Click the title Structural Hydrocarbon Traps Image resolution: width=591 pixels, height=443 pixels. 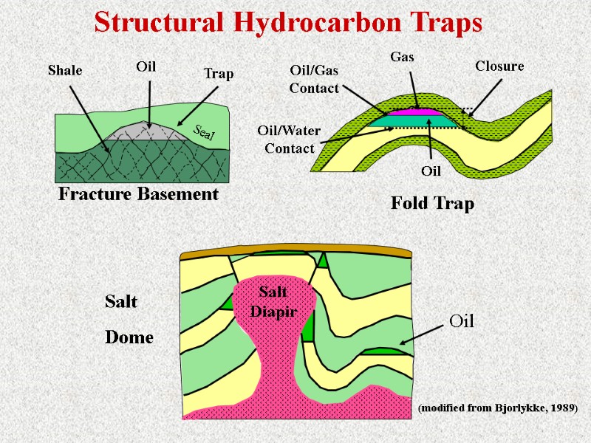point(288,23)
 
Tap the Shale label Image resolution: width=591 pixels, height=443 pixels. point(64,70)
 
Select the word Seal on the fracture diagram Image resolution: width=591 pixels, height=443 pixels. point(203,133)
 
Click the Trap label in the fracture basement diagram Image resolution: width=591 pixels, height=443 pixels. point(218,73)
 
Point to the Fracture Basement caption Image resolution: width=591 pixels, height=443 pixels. point(138,194)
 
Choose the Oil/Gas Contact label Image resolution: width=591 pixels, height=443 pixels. point(314,80)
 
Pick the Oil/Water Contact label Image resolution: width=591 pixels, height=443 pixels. point(289,140)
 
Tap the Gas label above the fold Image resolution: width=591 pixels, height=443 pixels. point(402,56)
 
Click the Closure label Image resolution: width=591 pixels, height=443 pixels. point(499,66)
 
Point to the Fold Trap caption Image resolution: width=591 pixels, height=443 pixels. point(431,204)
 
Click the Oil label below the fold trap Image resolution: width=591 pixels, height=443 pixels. point(431,171)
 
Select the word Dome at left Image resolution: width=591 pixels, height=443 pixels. point(129,337)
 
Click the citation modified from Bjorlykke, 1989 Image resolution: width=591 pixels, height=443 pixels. point(497,408)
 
